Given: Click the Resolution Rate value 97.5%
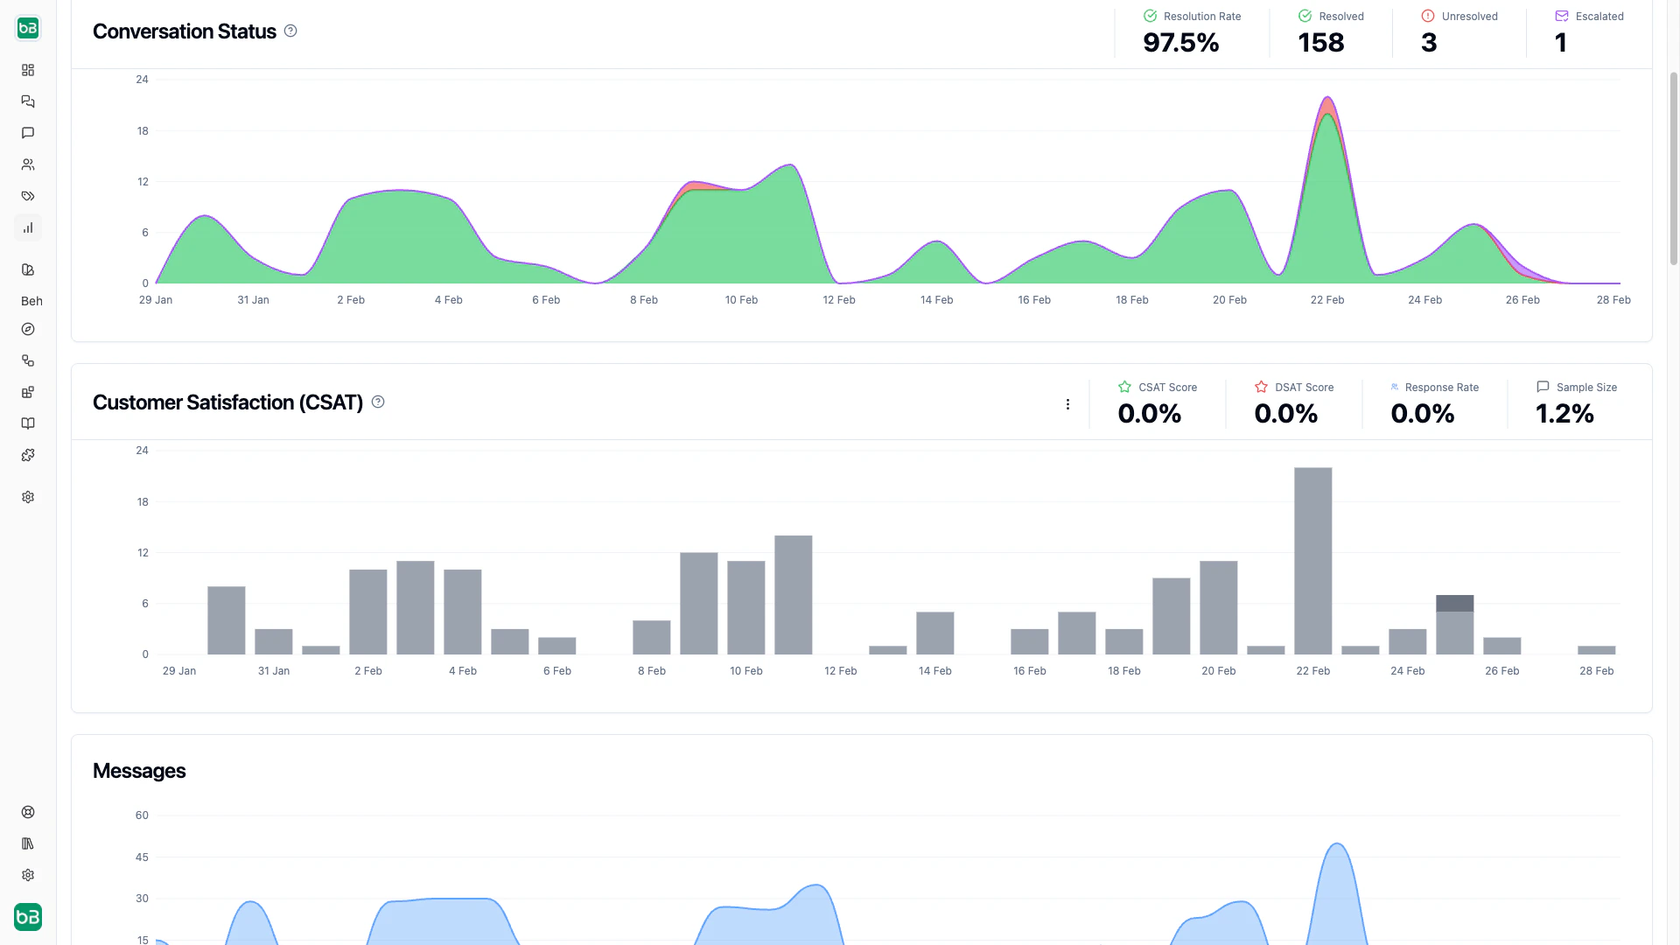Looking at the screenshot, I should tap(1180, 43).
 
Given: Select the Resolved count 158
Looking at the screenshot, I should tap(1320, 43).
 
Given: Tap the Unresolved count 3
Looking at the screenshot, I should tap(1429, 43).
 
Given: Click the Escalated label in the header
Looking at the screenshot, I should tap(1599, 17).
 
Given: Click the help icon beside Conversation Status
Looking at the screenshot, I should tap(290, 31).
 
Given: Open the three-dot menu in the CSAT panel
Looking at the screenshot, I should tap(1067, 404).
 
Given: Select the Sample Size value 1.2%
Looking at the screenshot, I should tap(1564, 414).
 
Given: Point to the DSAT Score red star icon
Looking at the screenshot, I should tap(1261, 387).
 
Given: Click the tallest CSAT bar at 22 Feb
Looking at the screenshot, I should tap(1312, 560).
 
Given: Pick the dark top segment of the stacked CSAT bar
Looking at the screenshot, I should tap(1454, 603).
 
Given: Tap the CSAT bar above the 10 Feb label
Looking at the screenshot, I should tap(745, 607).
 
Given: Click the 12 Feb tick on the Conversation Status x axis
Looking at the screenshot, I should tap(838, 300).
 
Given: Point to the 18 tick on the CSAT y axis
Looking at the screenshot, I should tap(143, 502).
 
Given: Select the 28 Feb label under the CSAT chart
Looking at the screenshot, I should tap(1596, 671).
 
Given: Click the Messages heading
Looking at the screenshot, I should tap(139, 771).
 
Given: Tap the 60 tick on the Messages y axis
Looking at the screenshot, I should tap(142, 815).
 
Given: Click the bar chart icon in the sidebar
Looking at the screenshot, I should tap(28, 227).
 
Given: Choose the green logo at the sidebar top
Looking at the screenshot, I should tap(28, 28).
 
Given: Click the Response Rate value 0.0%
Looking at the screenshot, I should tap(1422, 414).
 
